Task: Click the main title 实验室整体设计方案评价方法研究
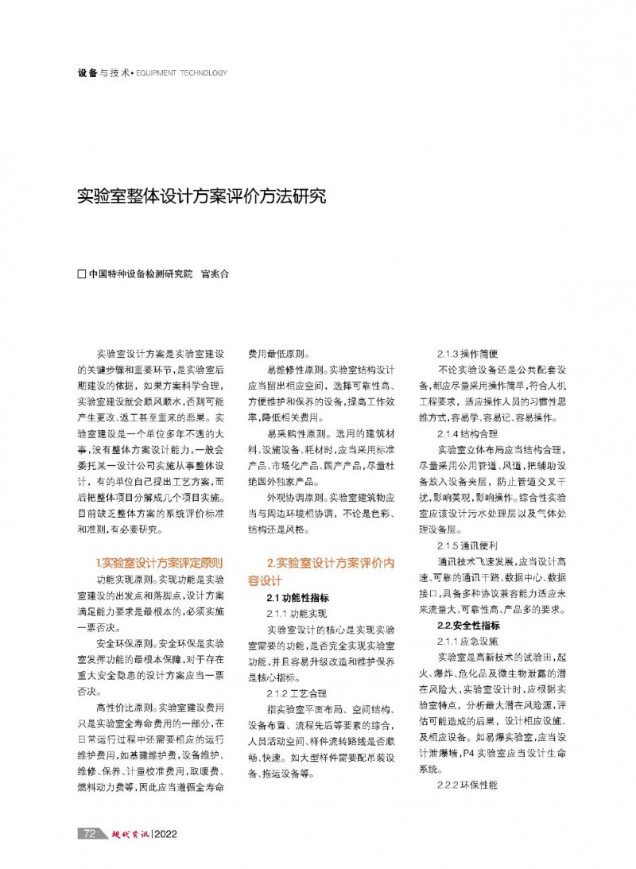pos(201,196)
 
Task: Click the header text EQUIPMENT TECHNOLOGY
pos(181,73)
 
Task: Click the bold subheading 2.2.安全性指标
pos(468,626)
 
